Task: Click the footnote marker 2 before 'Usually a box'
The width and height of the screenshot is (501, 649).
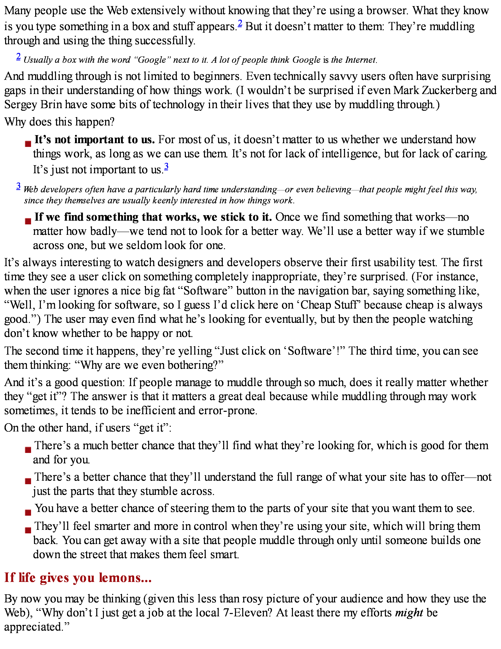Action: (18, 56)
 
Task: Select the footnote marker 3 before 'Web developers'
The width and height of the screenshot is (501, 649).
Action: (18, 186)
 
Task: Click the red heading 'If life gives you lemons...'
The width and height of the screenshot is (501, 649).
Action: (78, 577)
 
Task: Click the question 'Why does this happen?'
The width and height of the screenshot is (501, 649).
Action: (59, 122)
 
